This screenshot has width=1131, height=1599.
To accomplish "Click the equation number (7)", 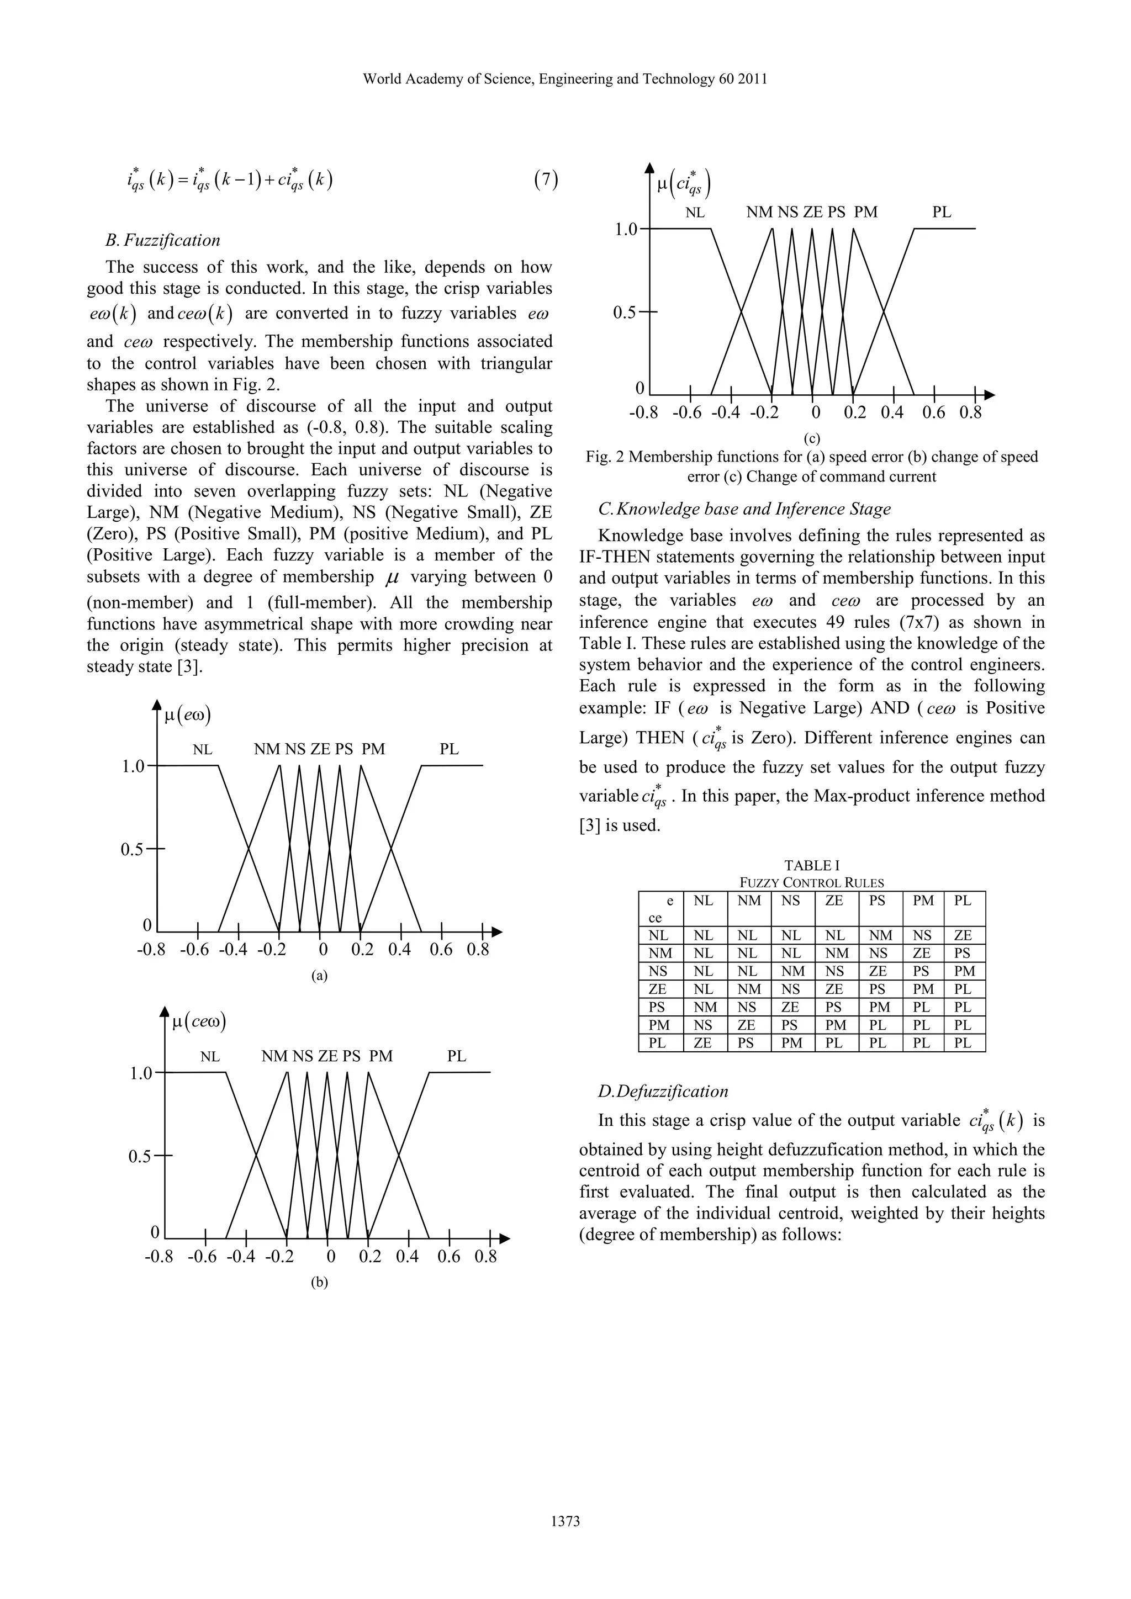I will coord(546,181).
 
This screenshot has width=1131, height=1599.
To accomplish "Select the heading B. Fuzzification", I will coord(162,240).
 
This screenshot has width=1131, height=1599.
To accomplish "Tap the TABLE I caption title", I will coord(811,866).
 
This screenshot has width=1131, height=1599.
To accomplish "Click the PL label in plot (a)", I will coord(449,749).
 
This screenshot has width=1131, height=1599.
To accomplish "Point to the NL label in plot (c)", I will coord(695,213).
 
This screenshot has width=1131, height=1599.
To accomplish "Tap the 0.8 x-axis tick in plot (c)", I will coord(970,413).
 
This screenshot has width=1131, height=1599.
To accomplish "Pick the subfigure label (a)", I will coord(319,976).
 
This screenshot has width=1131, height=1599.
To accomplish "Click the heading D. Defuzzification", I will coord(663,1091).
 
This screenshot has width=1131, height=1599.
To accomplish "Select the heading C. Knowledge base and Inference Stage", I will coord(744,509).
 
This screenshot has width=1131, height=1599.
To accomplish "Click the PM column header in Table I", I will coord(923,901).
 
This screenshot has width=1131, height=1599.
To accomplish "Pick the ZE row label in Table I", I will coord(657,989).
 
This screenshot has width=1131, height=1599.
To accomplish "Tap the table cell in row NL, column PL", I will coord(963,935).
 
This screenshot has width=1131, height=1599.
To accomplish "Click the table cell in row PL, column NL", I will coord(704,1042).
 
